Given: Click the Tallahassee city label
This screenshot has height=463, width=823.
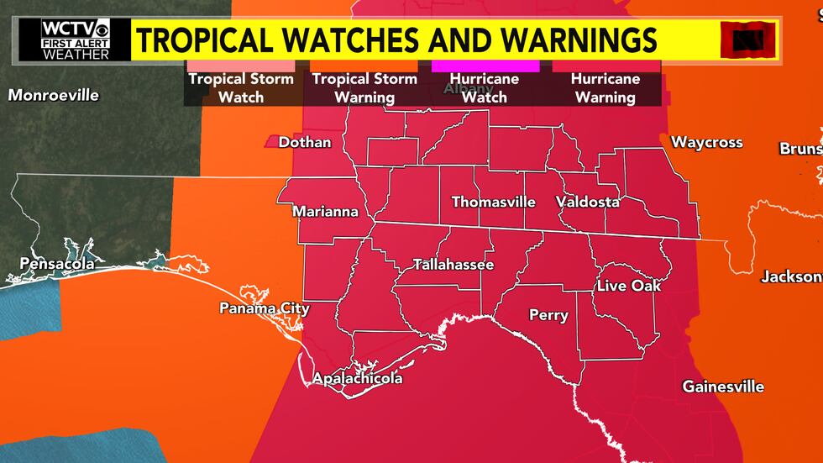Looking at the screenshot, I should [x=453, y=265].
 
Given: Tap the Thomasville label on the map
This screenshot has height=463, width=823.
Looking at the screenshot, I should [x=493, y=203].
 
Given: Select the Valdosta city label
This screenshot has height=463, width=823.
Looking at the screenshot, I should [x=588, y=203].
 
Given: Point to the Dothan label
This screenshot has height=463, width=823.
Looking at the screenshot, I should [x=305, y=142].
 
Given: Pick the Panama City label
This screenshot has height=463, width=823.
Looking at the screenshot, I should [x=265, y=308].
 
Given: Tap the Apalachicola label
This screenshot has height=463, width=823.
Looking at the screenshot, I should [x=357, y=379].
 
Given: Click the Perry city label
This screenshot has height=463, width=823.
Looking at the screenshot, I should [x=548, y=316].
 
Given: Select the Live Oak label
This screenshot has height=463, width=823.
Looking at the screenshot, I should [x=629, y=287].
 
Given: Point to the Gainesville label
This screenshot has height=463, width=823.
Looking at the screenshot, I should [x=723, y=387].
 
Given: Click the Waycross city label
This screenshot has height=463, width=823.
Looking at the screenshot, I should [x=707, y=143].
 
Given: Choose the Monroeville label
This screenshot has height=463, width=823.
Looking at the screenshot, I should [x=53, y=95].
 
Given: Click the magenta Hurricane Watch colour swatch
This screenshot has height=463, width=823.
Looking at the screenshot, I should [x=485, y=65].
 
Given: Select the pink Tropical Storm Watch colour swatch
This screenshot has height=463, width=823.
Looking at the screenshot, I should [x=240, y=65].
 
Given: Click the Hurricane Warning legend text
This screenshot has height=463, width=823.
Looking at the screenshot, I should [x=605, y=88].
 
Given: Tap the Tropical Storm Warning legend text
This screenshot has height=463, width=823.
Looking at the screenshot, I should [x=364, y=88].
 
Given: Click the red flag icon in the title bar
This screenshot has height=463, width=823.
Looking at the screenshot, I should [x=749, y=39].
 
